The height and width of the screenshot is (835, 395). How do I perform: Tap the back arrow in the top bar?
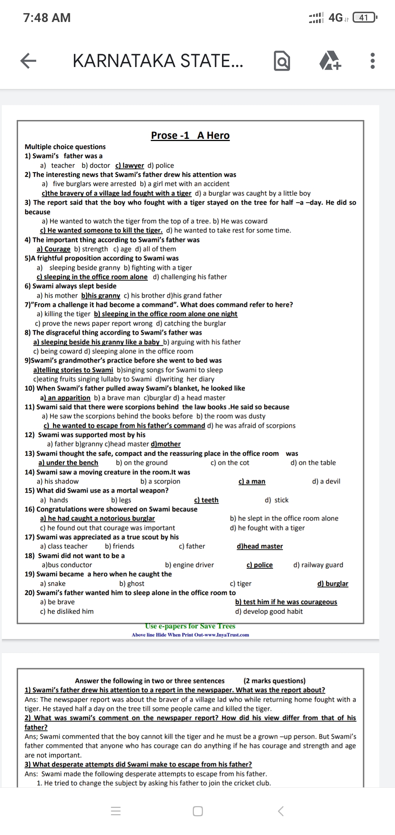[28, 61]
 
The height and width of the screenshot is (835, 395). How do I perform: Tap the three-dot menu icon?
[372, 61]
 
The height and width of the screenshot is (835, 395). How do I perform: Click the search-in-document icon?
[282, 61]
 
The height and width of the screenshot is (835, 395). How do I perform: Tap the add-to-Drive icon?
[330, 61]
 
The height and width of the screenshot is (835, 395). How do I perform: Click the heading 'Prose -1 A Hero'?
[190, 136]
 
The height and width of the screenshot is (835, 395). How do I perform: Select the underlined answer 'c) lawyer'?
[129, 166]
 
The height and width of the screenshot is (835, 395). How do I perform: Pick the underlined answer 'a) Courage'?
[53, 249]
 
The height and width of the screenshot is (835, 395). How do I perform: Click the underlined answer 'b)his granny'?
[101, 296]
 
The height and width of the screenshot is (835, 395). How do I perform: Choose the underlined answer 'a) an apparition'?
[65, 398]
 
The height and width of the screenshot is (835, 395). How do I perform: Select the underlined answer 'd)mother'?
[165, 444]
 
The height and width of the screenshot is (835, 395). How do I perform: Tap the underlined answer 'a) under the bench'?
[68, 463]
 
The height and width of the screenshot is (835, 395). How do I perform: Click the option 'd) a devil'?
[326, 481]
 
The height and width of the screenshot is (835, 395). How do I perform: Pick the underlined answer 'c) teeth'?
[206, 500]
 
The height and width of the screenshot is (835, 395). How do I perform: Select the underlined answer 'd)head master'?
[260, 546]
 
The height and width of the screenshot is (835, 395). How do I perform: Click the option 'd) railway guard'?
[318, 565]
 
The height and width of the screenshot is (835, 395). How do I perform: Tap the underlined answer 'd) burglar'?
[332, 584]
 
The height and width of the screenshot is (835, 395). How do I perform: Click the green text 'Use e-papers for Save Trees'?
[190, 626]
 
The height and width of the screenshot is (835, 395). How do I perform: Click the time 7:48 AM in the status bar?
[47, 18]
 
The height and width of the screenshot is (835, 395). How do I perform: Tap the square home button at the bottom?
[197, 811]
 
